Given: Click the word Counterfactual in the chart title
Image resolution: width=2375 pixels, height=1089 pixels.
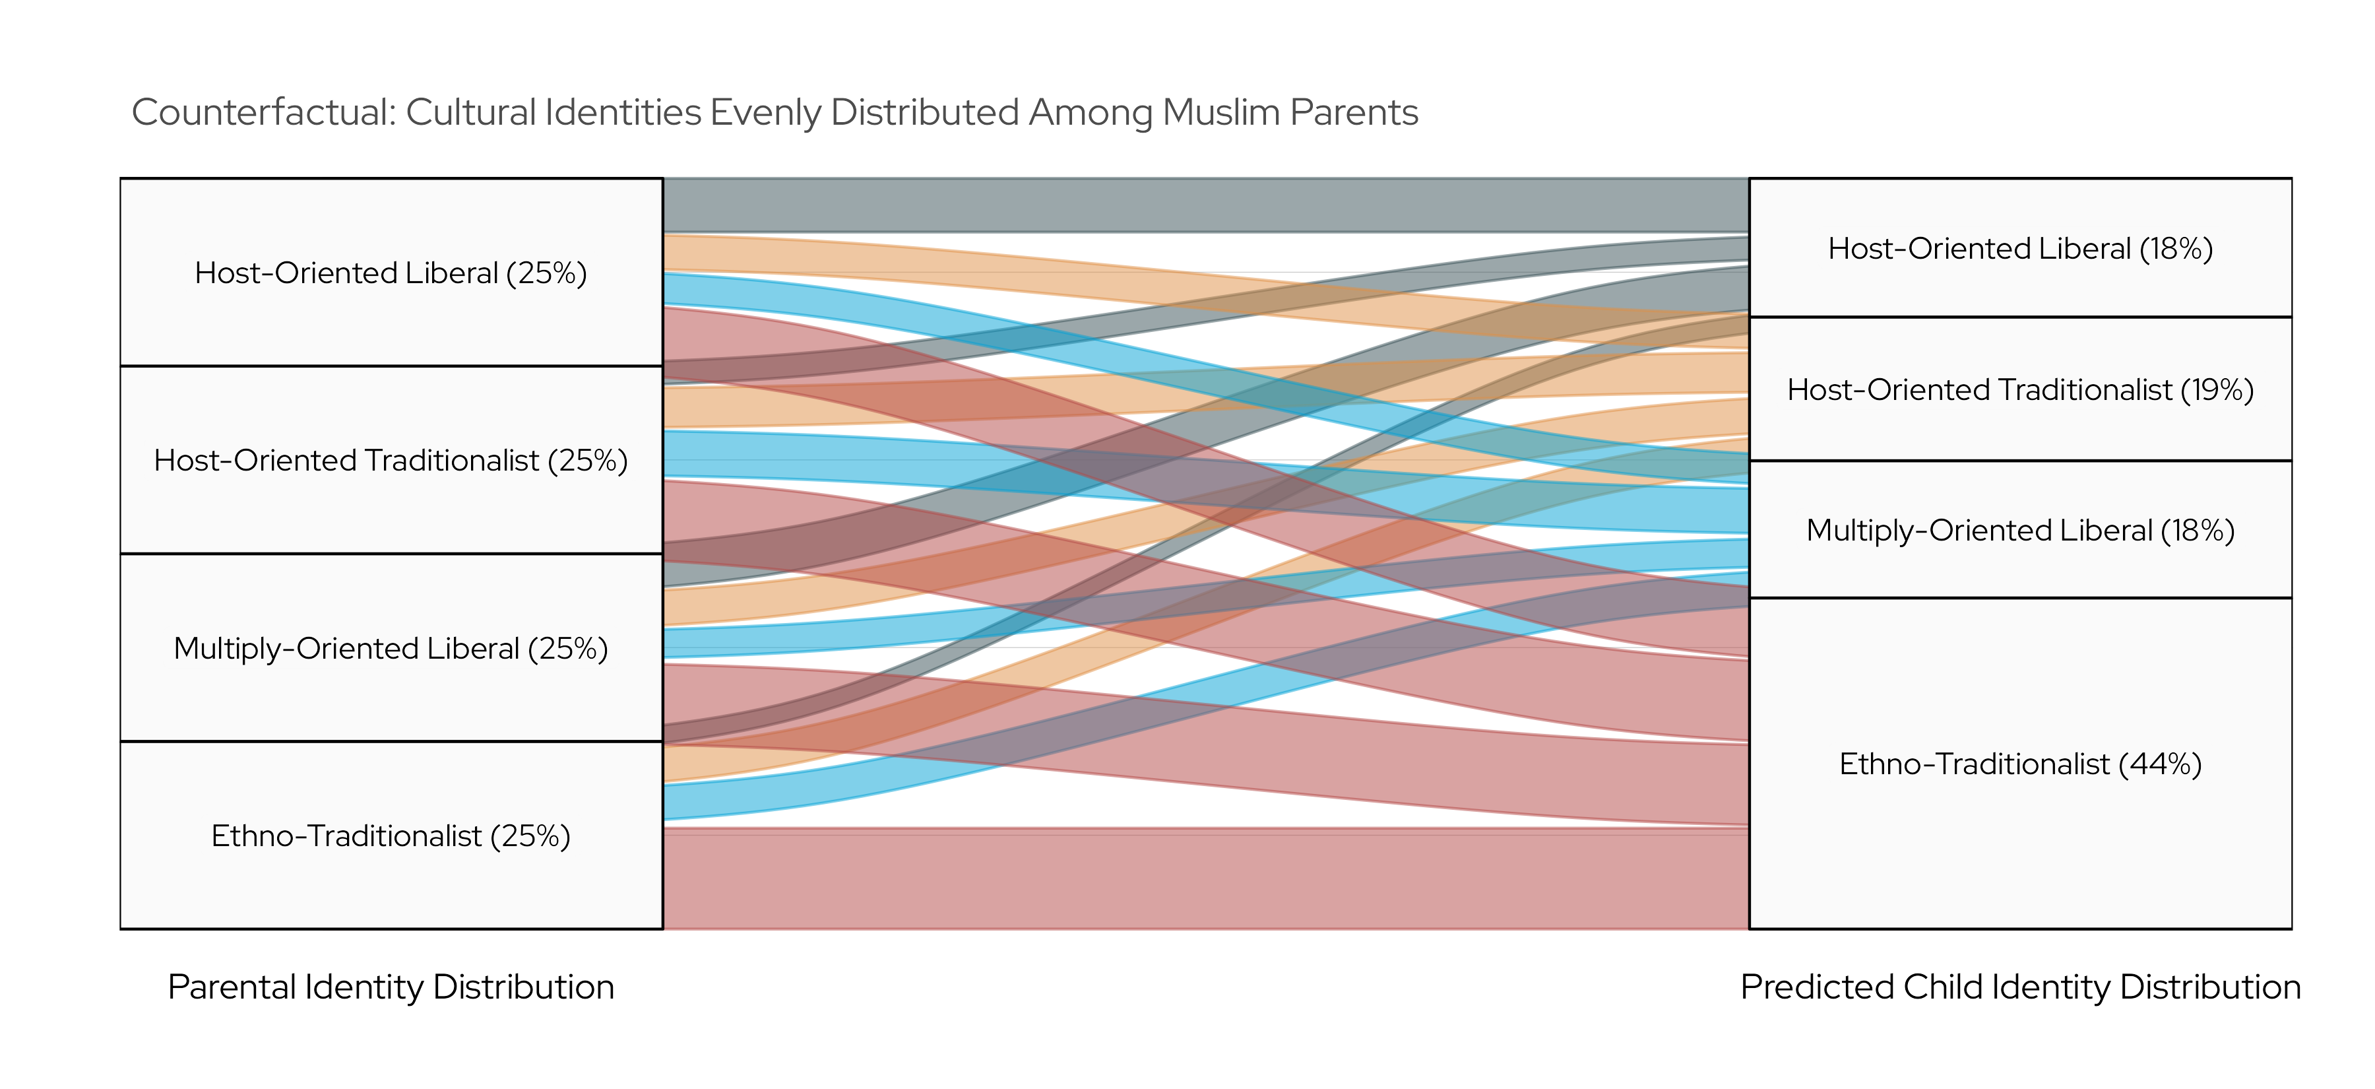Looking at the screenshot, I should click(x=263, y=112).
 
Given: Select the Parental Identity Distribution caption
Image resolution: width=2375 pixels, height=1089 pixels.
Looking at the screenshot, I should click(x=391, y=987).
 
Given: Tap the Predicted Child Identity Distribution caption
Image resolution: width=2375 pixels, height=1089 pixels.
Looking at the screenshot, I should click(x=2020, y=987).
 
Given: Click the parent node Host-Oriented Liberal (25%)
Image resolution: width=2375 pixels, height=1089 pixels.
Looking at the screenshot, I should click(x=391, y=273).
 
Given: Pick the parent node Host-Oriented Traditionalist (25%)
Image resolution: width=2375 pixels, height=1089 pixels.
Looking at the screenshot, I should click(x=391, y=460).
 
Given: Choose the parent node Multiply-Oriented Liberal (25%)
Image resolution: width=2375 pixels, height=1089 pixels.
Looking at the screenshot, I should click(x=391, y=648).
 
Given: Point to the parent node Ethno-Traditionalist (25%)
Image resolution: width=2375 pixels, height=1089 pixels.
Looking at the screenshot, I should click(x=391, y=836).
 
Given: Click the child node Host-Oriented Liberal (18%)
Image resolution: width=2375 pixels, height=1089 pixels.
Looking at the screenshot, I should click(x=2020, y=248).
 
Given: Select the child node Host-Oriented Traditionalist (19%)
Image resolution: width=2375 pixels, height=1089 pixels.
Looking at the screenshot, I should click(x=2020, y=389).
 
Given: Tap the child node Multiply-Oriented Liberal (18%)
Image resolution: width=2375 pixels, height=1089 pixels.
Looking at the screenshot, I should click(x=2020, y=530).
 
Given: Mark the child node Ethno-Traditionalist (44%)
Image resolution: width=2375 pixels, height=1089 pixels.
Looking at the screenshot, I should click(x=2020, y=764).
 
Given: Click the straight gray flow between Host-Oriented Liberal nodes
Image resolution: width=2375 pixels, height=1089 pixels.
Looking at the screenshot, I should click(x=1199, y=205).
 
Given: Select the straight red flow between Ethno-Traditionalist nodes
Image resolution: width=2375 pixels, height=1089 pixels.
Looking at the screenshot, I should click(x=1199, y=878).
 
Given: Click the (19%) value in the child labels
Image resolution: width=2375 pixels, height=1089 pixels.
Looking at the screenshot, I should click(x=2217, y=389).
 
